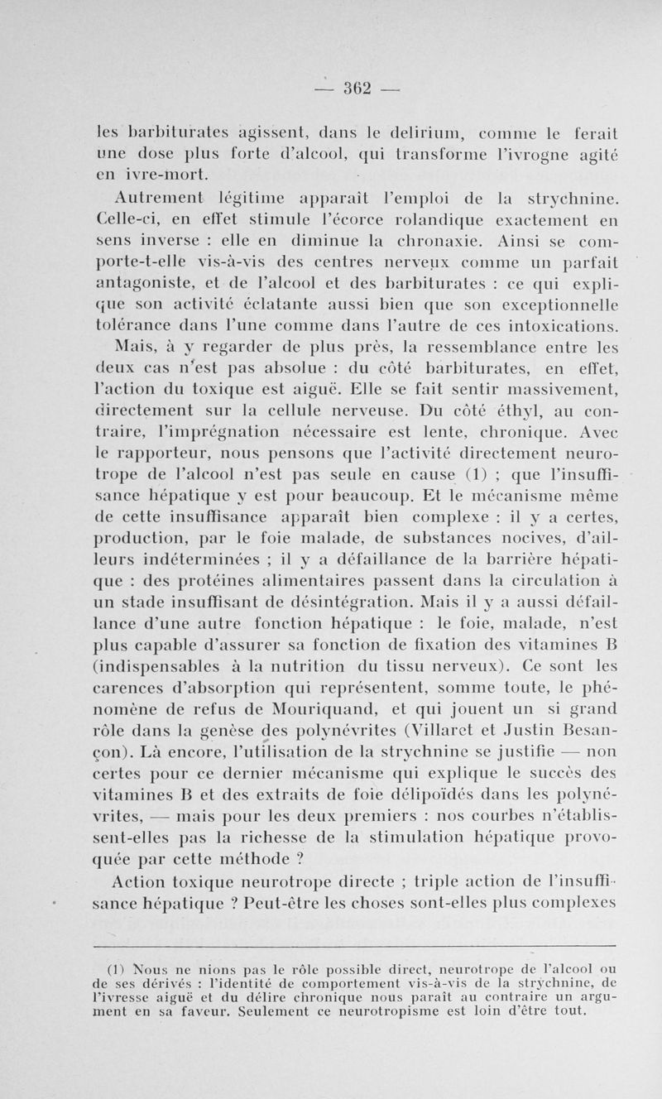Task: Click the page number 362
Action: point(355,86)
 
